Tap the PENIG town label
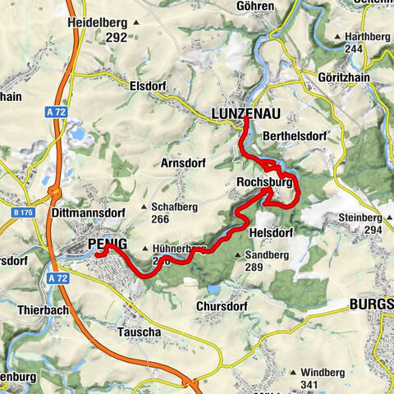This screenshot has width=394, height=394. click(108, 245)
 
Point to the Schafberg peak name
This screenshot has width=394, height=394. click(173, 208)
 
